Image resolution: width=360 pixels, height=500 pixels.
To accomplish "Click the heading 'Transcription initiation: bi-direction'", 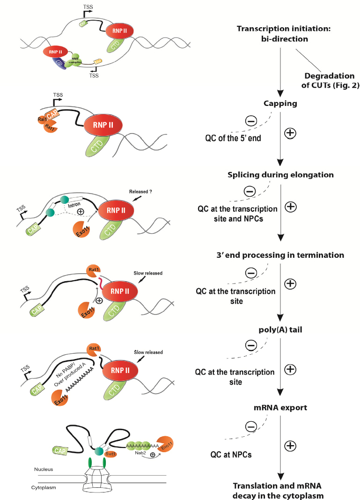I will (x=277, y=34).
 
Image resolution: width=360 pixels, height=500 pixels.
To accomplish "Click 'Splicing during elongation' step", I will (x=280, y=175).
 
